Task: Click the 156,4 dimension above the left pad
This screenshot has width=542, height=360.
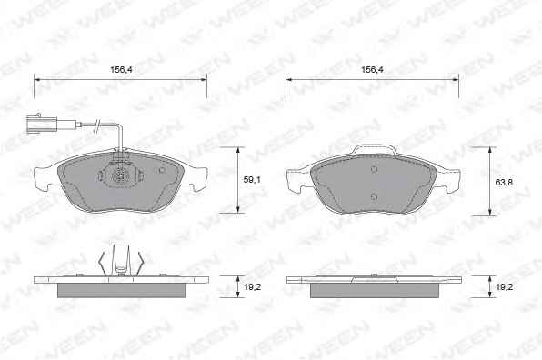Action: [121, 69]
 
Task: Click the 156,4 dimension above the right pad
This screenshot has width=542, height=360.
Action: [372, 69]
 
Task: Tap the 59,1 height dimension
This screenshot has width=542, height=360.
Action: [252, 180]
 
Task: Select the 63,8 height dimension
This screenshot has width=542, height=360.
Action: [504, 183]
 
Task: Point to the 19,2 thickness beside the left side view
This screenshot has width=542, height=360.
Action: [252, 286]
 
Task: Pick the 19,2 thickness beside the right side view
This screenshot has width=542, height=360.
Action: [504, 286]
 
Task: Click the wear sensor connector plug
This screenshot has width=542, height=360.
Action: [41, 124]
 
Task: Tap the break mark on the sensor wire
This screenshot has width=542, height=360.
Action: [98, 125]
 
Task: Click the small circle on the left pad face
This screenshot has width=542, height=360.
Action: [162, 170]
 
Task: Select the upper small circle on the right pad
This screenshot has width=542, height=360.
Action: [374, 169]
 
